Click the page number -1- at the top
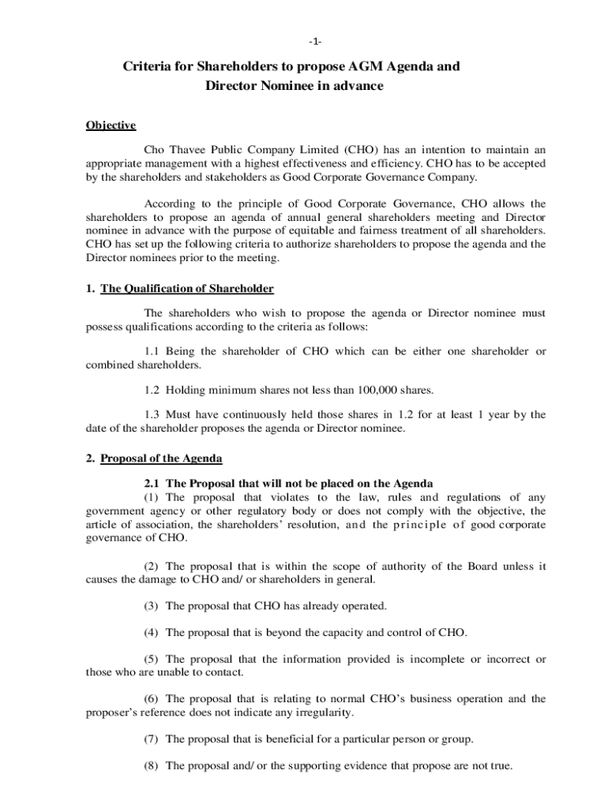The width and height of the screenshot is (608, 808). (x=304, y=41)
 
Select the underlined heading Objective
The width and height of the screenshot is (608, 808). (x=111, y=125)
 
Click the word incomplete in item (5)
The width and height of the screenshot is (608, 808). (x=441, y=659)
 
